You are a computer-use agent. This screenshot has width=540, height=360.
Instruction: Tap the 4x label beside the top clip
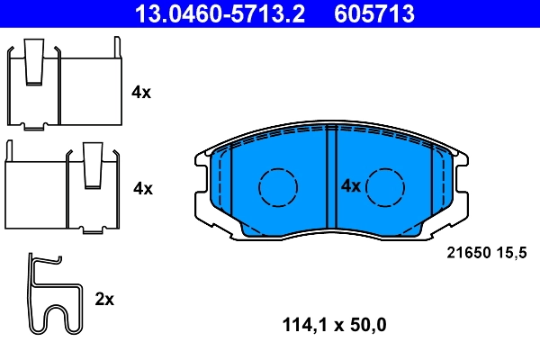[141, 92]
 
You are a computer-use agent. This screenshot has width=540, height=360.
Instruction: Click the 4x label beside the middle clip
[142, 188]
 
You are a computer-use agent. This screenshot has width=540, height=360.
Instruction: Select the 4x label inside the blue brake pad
[350, 186]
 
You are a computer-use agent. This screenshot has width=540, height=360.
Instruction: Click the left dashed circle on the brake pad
[277, 187]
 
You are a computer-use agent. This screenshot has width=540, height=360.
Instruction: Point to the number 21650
[467, 256]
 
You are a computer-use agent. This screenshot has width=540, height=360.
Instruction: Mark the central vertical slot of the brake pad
[330, 180]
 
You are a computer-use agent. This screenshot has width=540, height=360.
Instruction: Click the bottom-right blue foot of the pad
[408, 232]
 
